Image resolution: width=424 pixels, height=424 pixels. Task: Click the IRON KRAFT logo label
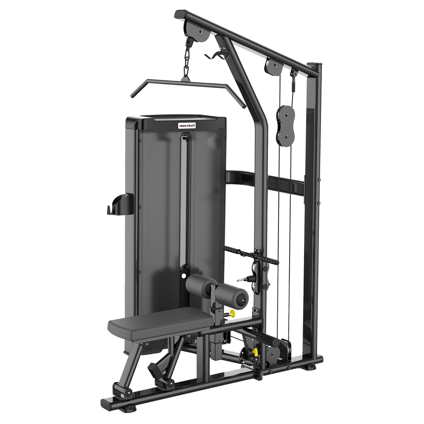[x=187, y=126]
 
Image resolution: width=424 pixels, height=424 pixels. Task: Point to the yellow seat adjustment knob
[x=232, y=314]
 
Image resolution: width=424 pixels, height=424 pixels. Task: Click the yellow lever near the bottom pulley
[x=255, y=351]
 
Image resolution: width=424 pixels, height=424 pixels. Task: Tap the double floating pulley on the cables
[x=285, y=126]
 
